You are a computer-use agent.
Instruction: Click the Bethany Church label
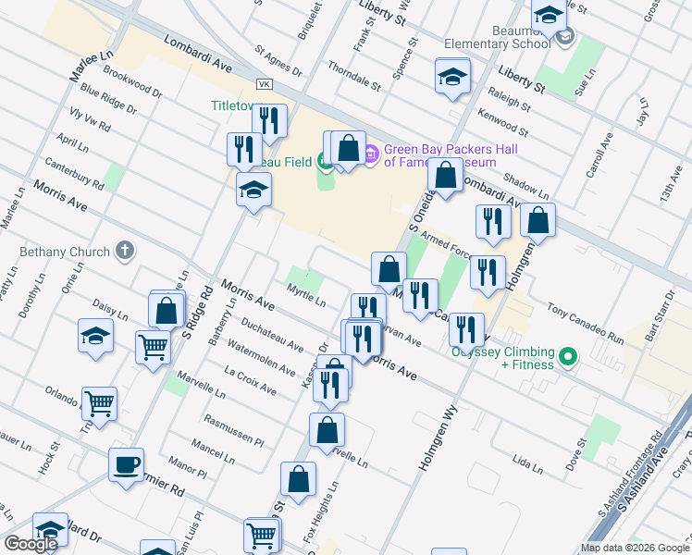tap(63, 252)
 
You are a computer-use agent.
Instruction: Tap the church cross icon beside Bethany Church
tap(124, 251)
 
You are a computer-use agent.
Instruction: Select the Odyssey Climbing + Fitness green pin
tap(568, 356)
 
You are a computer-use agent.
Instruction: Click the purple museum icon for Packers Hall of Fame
tap(370, 153)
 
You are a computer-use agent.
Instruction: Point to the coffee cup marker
tap(127, 465)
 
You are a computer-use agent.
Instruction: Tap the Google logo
tap(31, 544)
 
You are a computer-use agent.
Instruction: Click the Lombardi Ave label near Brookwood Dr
tap(198, 55)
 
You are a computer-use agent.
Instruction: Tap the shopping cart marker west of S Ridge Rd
tap(153, 347)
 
